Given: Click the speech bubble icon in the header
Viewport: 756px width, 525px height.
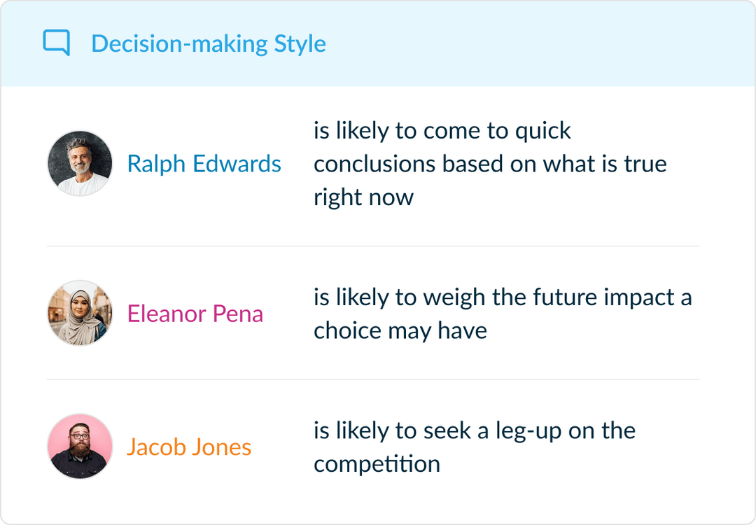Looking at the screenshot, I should (56, 43).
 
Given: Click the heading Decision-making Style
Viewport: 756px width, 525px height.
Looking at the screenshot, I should (208, 43).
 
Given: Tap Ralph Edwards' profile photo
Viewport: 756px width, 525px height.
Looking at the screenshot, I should (80, 164).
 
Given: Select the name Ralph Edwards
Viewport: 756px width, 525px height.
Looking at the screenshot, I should (204, 164).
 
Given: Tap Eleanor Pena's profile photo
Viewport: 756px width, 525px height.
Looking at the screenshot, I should (80, 313).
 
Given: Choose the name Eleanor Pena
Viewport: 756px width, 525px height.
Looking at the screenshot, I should (195, 314).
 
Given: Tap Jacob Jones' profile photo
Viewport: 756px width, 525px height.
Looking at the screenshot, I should (80, 447).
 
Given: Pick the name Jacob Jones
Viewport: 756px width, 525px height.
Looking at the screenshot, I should (188, 447).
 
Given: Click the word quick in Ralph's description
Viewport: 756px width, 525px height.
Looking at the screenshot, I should (542, 131).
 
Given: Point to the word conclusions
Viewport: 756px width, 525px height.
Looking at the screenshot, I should (374, 164).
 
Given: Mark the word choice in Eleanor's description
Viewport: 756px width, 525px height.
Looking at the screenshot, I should (344, 330).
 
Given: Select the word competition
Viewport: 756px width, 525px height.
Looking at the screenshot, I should (377, 463).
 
